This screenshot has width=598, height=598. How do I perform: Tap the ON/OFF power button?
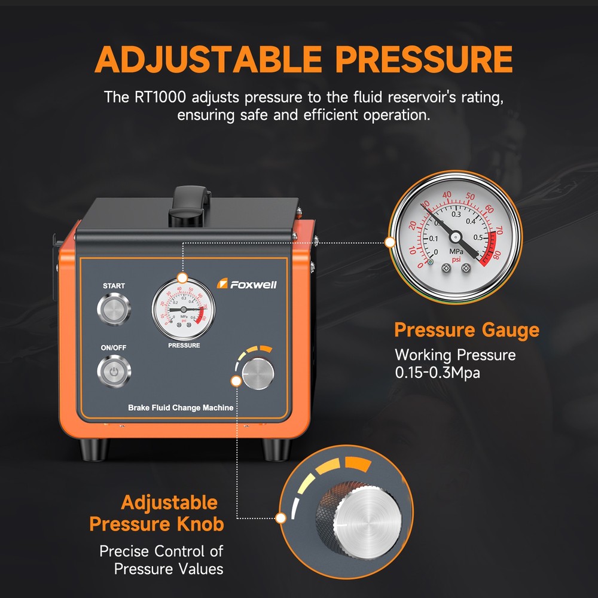point(114,372)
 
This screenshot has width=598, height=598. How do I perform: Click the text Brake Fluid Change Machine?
point(181,408)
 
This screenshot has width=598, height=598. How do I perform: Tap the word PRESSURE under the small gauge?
point(184,345)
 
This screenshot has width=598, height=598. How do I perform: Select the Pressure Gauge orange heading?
point(466,330)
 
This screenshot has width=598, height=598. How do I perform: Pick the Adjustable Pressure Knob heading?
point(157,513)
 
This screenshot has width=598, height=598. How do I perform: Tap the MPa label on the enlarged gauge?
point(457,252)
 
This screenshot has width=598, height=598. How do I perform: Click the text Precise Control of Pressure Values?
point(161,560)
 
